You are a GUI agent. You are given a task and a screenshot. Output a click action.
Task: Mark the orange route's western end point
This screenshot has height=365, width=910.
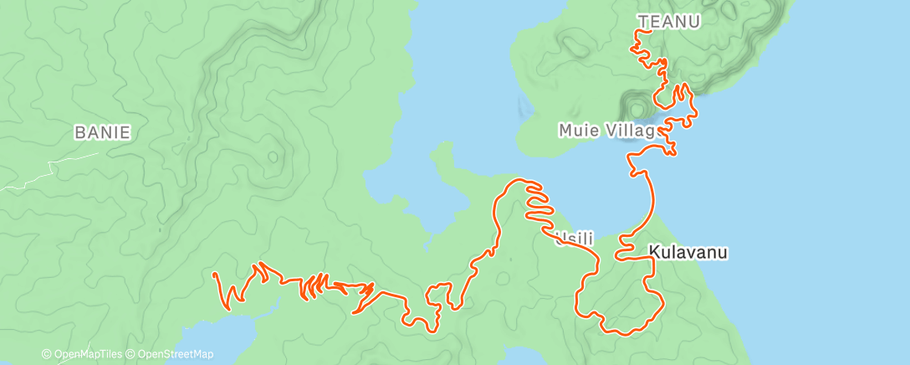(x=215, y=274)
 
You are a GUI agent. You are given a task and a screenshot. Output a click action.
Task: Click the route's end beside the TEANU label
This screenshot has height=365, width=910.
(x=640, y=32)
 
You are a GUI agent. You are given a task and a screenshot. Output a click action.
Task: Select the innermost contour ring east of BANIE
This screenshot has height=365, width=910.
(x=273, y=157)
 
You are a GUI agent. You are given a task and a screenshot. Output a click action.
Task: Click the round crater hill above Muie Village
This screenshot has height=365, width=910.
(x=637, y=108)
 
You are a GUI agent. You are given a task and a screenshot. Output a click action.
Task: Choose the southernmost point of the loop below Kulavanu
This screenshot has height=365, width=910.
(x=623, y=333)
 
